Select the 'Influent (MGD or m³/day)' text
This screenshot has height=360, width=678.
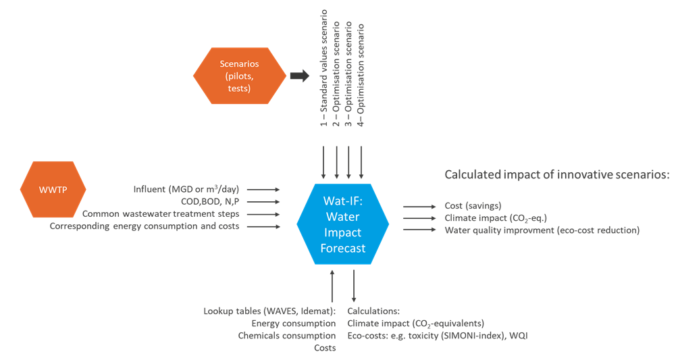[x=186, y=189]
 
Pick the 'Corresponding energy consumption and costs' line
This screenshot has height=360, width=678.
[x=144, y=226]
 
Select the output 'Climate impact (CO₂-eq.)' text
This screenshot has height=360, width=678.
[x=496, y=218]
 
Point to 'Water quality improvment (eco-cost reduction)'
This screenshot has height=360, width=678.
[x=542, y=230]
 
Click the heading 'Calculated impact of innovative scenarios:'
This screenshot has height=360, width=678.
[x=556, y=175]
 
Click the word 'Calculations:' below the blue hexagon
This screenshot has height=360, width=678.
[x=373, y=311]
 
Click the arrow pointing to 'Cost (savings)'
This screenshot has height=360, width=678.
[x=418, y=206]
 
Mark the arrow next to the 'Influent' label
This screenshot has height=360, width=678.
[x=267, y=190]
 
